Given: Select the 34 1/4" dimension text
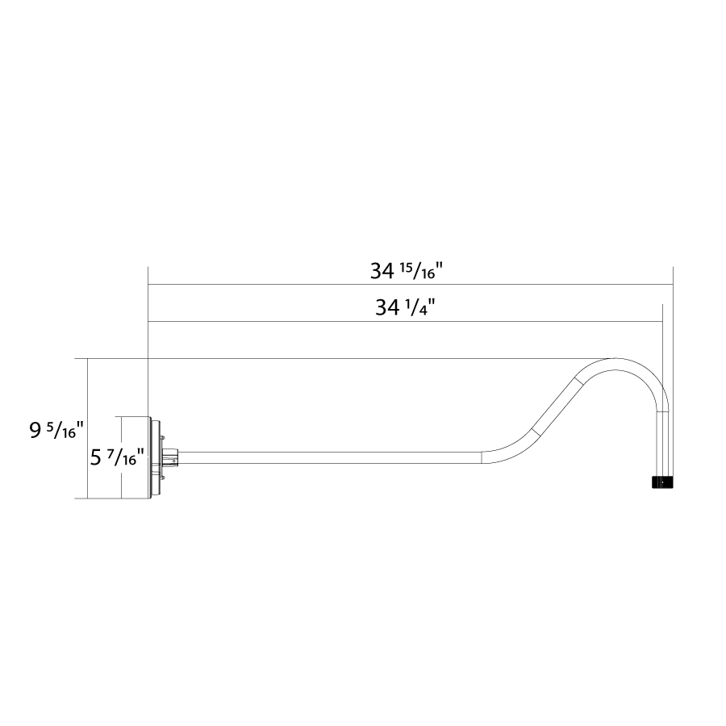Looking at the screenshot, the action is [x=406, y=307].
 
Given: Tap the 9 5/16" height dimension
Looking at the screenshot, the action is [x=56, y=431].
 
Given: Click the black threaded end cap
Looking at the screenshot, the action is [x=662, y=482].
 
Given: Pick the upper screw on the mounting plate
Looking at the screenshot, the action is [x=162, y=437].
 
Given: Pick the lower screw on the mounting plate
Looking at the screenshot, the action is [x=162, y=478].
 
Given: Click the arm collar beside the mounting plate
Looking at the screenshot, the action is [x=171, y=457].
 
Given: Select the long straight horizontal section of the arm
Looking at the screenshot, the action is [x=330, y=457].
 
